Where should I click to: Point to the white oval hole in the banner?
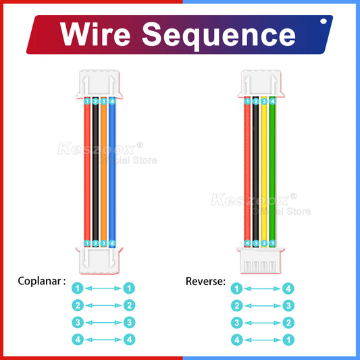(322, 22)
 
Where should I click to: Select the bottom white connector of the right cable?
(259, 260)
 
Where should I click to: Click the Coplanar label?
(42, 280)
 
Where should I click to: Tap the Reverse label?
(205, 280)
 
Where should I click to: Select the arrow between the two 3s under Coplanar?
(103, 323)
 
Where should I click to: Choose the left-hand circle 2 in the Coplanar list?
(78, 305)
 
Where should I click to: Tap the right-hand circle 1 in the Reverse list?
(288, 340)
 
